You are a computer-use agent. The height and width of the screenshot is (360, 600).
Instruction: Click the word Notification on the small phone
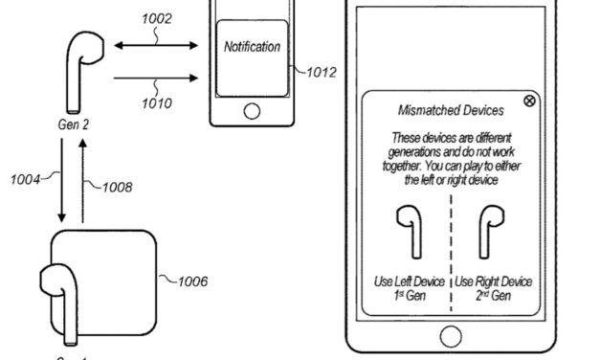click(252, 46)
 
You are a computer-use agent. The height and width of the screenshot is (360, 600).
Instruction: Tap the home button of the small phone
click(252, 111)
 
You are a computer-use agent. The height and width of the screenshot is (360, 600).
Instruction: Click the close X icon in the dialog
click(529, 101)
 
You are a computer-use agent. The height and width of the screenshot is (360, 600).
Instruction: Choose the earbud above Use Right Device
click(492, 229)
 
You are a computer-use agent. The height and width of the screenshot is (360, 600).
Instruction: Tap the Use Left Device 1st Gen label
click(409, 289)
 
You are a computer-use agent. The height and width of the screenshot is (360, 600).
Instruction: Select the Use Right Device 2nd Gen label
click(493, 289)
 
